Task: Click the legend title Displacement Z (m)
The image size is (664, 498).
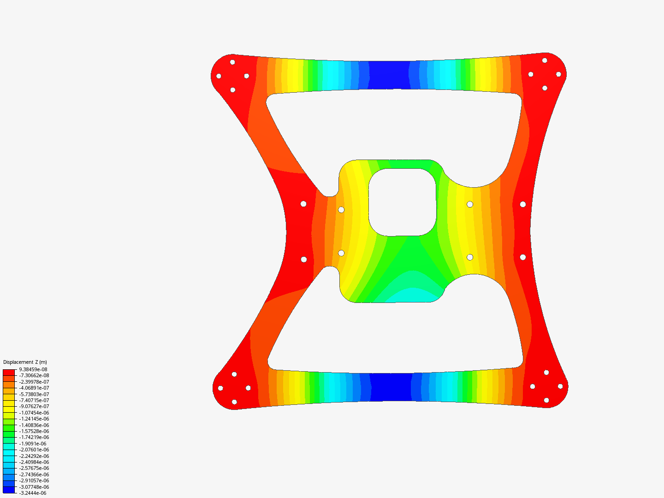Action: click(25, 362)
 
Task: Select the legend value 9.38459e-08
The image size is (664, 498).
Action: click(33, 369)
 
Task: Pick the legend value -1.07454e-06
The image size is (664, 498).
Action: click(34, 413)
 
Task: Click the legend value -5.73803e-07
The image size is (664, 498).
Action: click(34, 394)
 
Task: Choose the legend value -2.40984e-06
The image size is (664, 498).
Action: click(34, 462)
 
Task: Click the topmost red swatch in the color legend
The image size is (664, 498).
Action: click(9, 372)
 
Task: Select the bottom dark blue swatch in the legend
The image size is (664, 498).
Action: click(9, 490)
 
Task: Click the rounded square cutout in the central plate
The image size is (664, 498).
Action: click(402, 202)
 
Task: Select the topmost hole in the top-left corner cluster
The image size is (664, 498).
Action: click(232, 62)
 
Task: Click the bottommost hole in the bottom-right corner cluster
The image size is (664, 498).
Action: click(546, 400)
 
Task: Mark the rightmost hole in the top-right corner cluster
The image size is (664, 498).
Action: click(558, 74)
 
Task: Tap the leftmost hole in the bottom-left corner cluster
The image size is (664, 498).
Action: click(220, 388)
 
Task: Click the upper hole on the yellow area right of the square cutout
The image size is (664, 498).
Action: click(470, 204)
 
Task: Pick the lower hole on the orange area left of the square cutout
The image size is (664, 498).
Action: click(341, 253)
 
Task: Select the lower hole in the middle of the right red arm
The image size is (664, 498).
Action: click(523, 257)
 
